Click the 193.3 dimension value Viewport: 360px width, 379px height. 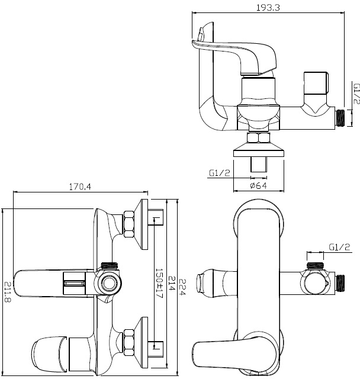click(x=268, y=8)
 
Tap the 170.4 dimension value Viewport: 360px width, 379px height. click(x=80, y=187)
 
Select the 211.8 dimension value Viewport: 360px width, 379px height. click(x=8, y=292)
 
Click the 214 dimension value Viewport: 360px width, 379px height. click(x=172, y=283)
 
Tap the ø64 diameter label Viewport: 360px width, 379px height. click(x=259, y=185)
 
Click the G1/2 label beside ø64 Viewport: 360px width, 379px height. click(x=220, y=173)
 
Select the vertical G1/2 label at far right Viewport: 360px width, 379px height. click(x=356, y=94)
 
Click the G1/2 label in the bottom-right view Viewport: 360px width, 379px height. click(x=339, y=247)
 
